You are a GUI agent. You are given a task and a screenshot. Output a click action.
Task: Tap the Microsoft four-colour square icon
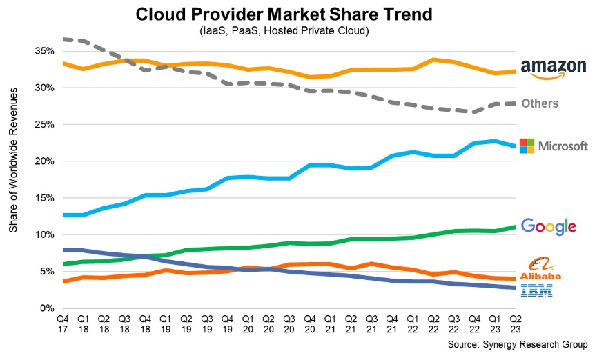point(527,146)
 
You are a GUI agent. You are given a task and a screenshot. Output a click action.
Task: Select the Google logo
point(548,226)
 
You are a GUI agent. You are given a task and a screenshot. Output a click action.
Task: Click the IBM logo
point(540,290)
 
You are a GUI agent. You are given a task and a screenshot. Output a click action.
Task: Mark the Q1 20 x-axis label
point(247,324)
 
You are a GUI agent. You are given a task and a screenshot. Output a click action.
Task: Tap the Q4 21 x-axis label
point(391,324)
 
